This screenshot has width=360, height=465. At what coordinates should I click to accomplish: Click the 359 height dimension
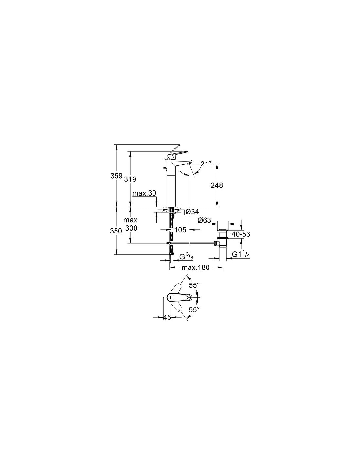pos(117,176)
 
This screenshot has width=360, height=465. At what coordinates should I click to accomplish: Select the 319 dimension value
pos(130,179)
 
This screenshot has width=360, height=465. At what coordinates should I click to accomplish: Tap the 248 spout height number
pos(217,185)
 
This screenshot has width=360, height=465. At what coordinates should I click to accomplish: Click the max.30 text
pos(144,193)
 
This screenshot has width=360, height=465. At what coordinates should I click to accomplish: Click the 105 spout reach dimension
pos(180,230)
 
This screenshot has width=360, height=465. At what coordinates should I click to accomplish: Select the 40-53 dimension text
pos(241,234)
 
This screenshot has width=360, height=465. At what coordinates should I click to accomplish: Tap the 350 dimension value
pos(116,231)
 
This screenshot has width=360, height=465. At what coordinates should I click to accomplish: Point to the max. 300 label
pos(131,224)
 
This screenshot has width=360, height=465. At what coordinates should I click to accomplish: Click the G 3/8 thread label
pos(186,256)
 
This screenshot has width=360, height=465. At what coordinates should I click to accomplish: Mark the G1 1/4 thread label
pos(241,254)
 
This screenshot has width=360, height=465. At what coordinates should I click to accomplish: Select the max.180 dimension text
pos(195,267)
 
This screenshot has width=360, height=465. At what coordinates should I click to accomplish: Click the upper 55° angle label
pos(194,285)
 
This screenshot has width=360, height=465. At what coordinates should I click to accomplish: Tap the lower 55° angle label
pos(194,309)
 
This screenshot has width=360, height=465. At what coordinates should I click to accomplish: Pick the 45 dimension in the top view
pos(167,317)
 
